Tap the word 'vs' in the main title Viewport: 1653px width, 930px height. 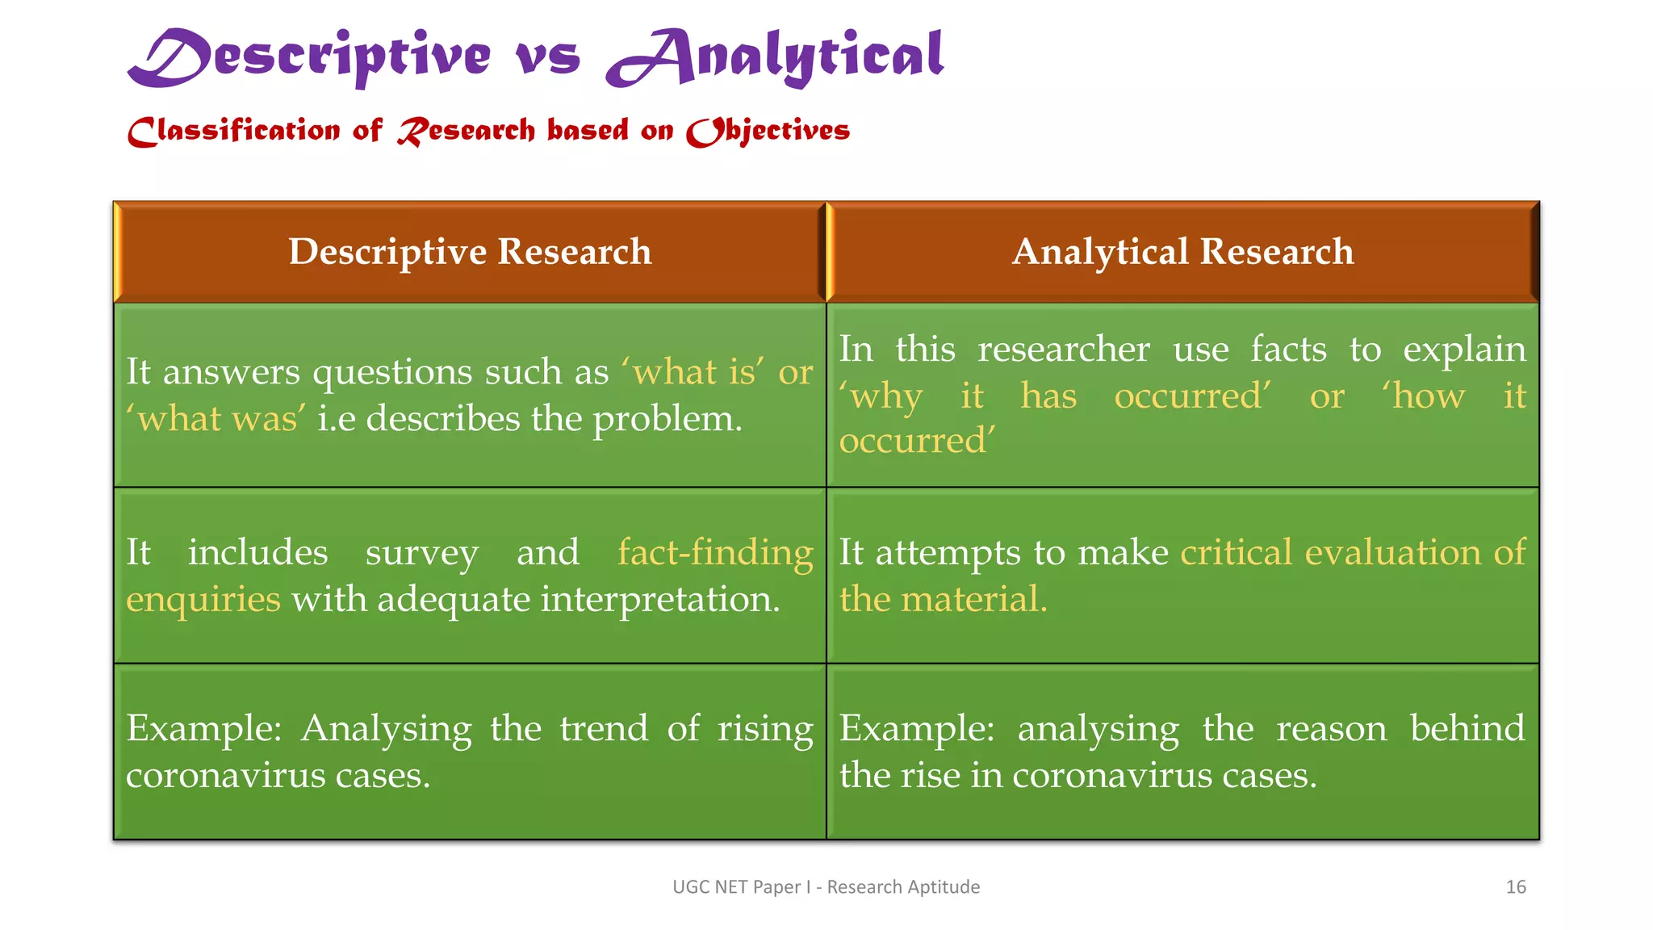coord(548,58)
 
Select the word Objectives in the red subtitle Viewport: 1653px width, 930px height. coord(768,131)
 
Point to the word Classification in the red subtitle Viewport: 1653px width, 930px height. coord(234,131)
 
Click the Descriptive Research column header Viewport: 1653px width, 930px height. coord(470,252)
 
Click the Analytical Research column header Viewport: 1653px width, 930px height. coord(1182,252)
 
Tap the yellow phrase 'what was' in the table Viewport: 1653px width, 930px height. coord(216,419)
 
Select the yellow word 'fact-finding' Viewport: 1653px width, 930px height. coord(715,553)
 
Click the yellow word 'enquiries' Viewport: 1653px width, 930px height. coord(203,600)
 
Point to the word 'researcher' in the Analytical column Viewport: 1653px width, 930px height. coord(1063,350)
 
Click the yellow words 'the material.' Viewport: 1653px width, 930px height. coord(943,600)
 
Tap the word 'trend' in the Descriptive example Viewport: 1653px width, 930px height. coord(604,729)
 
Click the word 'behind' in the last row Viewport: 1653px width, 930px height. coord(1467,729)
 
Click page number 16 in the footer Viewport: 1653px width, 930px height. coord(1515,887)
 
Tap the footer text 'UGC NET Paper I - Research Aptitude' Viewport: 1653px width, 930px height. coord(826,887)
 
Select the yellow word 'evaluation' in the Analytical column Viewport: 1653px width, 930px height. coord(1392,553)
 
